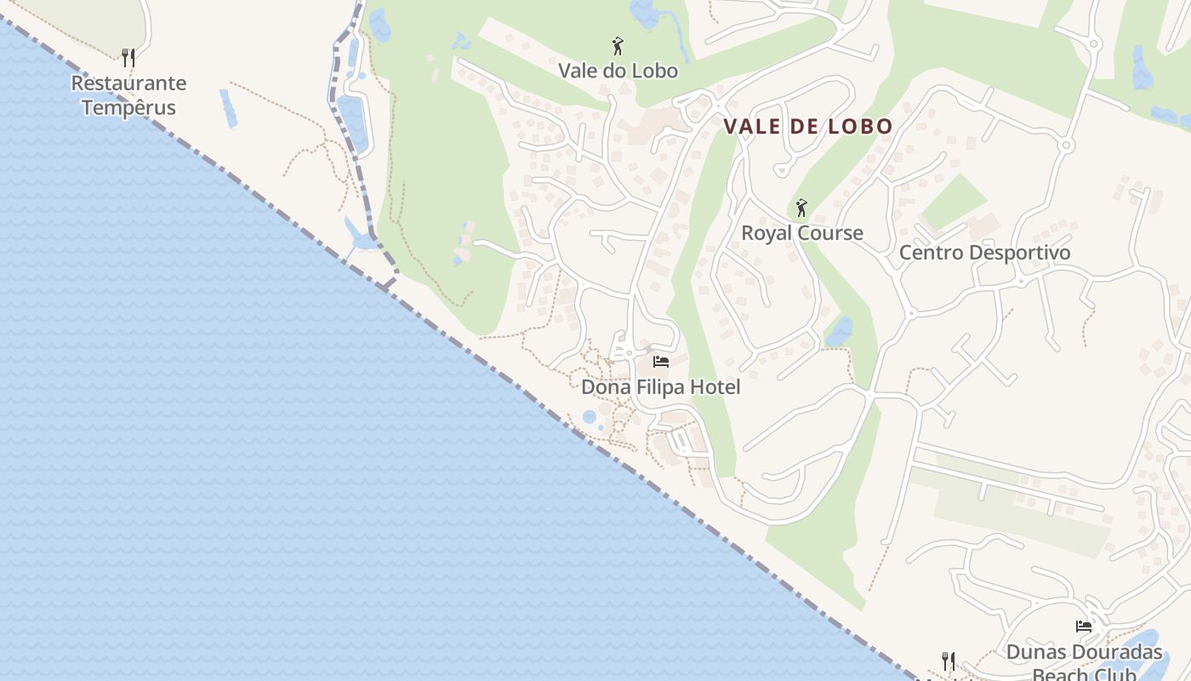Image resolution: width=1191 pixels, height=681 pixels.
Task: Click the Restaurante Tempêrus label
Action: pyautogui.click(x=128, y=95)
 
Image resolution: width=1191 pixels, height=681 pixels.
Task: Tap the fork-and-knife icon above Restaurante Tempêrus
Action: pyautogui.click(x=128, y=58)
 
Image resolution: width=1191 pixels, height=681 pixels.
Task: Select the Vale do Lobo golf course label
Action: pyautogui.click(x=618, y=71)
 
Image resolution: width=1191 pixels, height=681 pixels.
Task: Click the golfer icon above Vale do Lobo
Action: pyautogui.click(x=618, y=46)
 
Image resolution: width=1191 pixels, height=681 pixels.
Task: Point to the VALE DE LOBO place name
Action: pyautogui.click(x=808, y=127)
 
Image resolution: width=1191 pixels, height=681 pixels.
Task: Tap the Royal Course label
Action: pyautogui.click(x=801, y=233)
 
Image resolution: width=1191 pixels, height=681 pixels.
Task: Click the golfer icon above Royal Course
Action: pyautogui.click(x=801, y=208)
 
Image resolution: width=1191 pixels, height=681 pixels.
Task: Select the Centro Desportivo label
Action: pyautogui.click(x=984, y=253)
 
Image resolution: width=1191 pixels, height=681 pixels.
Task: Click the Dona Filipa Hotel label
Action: pyautogui.click(x=660, y=387)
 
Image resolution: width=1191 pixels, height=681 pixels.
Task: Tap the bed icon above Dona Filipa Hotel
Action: pyautogui.click(x=660, y=362)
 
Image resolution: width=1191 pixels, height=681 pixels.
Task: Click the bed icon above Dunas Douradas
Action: pyautogui.click(x=1084, y=627)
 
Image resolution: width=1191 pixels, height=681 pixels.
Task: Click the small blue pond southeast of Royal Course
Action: pyautogui.click(x=839, y=332)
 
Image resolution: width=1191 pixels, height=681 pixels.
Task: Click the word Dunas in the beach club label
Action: pyautogui.click(x=1034, y=653)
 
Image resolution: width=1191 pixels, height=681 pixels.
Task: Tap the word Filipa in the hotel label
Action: pyautogui.click(x=660, y=387)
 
